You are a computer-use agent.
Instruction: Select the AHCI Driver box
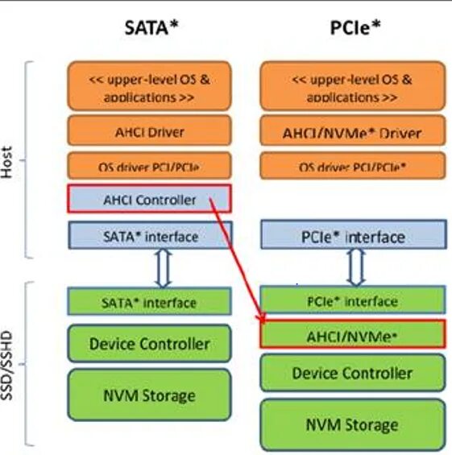pos(149,131)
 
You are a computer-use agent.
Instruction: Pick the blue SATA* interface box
pos(149,236)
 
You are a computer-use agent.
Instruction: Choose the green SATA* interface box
pos(149,303)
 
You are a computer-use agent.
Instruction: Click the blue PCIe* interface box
pos(353,236)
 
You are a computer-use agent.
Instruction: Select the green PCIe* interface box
pos(353,301)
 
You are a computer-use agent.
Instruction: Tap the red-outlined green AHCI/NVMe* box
pos(353,333)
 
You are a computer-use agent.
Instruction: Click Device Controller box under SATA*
pos(149,344)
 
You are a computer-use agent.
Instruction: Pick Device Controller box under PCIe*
pos(353,374)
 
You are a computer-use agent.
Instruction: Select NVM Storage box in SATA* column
pos(149,395)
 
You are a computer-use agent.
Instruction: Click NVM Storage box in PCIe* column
pos(353,424)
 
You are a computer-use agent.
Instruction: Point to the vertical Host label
pos(10,159)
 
